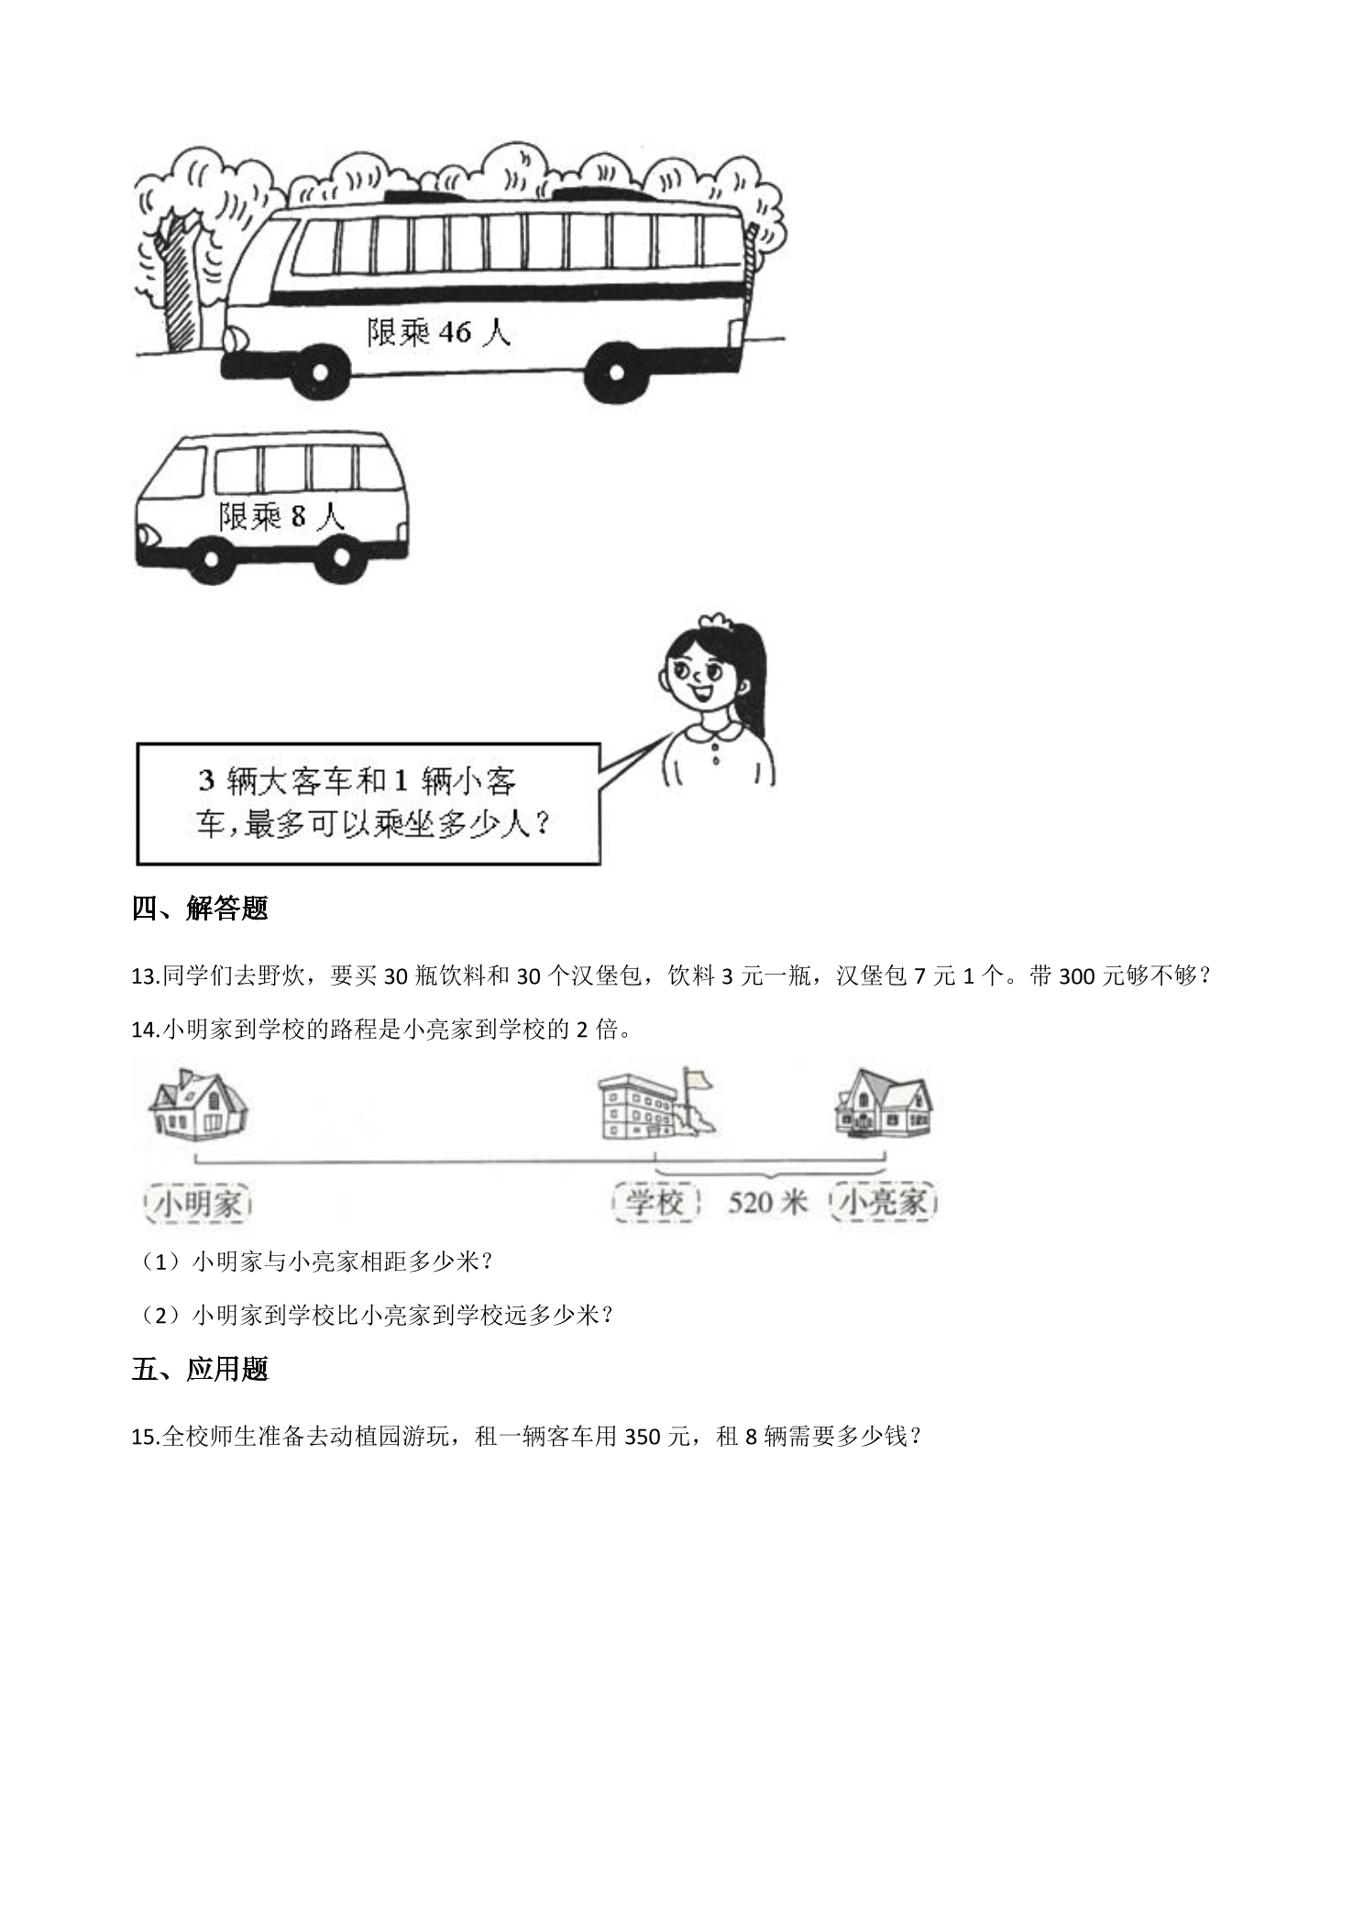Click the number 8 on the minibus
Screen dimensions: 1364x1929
click(x=298, y=517)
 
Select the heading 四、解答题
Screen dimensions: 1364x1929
click(x=200, y=909)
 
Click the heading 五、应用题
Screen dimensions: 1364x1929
click(x=200, y=1369)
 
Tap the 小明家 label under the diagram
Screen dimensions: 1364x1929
click(x=199, y=1203)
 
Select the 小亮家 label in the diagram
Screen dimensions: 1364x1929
click(x=885, y=1202)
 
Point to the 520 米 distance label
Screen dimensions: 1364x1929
click(x=767, y=1202)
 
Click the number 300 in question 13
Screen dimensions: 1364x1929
click(x=1079, y=976)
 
